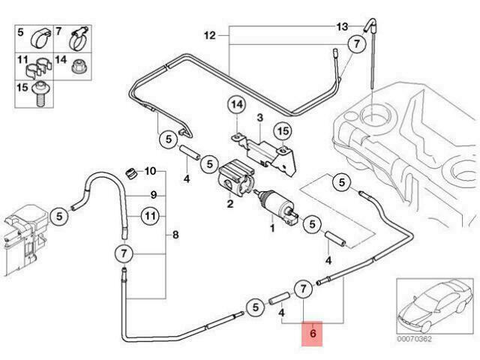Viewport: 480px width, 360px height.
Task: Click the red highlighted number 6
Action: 312,333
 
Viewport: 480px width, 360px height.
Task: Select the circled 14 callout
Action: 237,105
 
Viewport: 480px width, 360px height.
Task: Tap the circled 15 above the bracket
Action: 283,131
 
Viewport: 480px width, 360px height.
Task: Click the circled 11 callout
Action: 150,217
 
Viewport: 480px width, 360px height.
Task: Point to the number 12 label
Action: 210,36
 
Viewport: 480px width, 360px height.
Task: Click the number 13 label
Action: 342,27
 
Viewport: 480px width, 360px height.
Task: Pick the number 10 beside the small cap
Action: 150,171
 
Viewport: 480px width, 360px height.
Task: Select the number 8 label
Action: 175,235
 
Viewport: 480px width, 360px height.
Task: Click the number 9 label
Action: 154,195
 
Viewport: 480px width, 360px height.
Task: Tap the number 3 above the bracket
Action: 260,117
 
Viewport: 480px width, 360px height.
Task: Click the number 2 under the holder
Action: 230,203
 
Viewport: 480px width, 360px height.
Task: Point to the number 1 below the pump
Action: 272,228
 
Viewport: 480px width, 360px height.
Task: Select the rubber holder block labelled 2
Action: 236,179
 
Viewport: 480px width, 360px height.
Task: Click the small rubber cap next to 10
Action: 130,173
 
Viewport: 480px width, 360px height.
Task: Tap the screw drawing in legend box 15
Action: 40,93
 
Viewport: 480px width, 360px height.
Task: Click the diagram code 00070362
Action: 414,339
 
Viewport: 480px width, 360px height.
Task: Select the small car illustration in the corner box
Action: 433,306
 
